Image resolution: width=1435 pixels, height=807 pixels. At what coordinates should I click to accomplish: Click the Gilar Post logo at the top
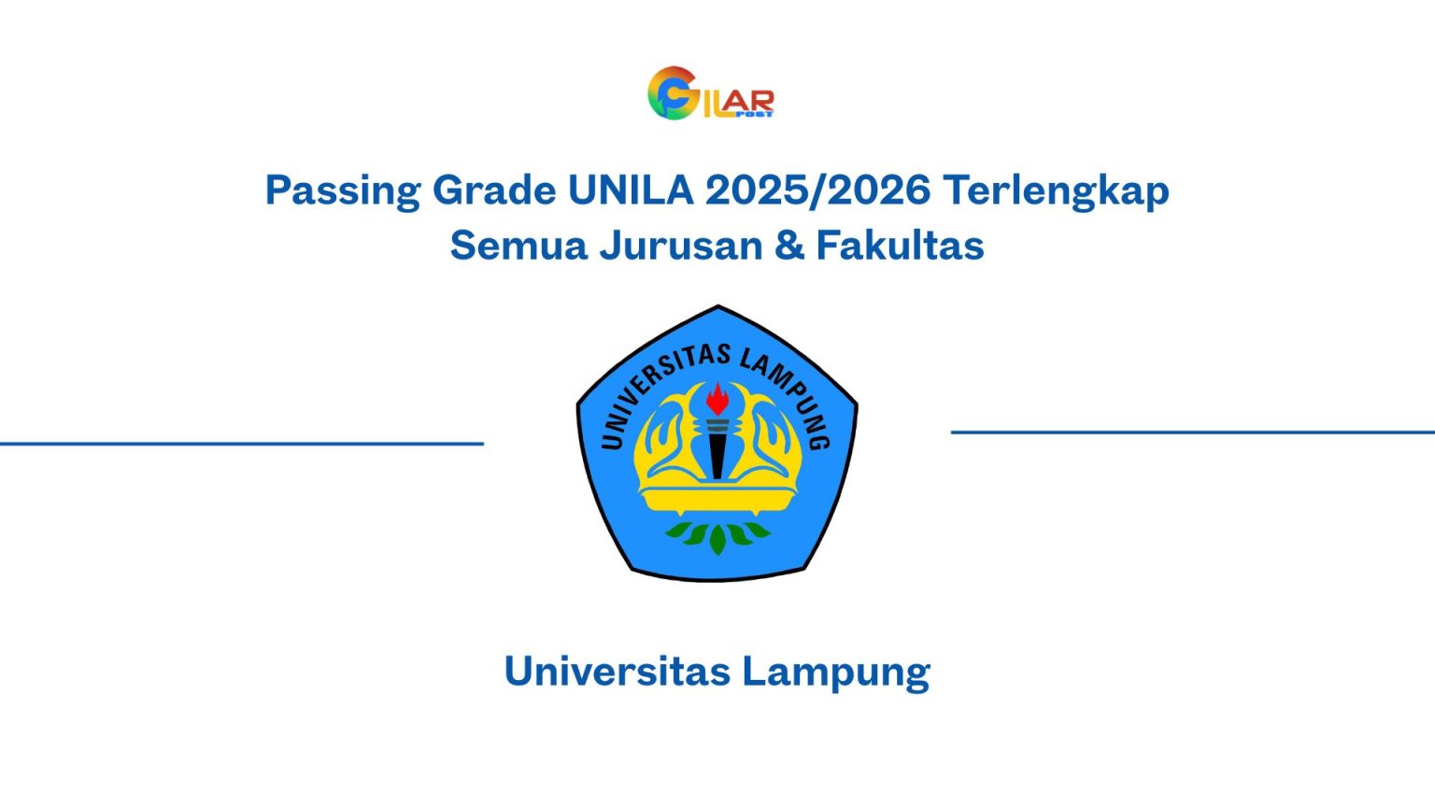[710, 93]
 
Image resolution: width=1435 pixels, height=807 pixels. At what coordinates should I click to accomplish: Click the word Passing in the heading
[343, 191]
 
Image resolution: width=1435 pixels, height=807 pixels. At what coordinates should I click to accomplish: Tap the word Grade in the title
[494, 191]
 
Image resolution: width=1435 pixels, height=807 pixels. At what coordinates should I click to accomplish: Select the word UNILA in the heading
[631, 190]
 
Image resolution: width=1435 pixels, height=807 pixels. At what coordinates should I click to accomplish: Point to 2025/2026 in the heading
[817, 190]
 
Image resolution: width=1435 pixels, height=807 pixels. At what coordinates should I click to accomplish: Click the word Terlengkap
[1056, 191]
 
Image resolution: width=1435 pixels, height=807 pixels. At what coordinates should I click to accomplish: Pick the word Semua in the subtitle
[517, 246]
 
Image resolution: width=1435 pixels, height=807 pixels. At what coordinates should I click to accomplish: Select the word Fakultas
[900, 246]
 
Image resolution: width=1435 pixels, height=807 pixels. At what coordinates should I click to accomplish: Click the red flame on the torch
[717, 400]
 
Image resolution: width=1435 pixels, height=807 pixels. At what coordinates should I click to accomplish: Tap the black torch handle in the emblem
[717, 453]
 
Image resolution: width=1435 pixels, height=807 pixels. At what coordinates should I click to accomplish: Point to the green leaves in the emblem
[717, 535]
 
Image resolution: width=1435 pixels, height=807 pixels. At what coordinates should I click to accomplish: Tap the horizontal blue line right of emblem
[1192, 432]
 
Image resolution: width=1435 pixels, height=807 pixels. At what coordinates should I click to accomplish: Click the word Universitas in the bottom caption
[617, 672]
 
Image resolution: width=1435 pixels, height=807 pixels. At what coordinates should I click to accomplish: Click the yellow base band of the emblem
[717, 503]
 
